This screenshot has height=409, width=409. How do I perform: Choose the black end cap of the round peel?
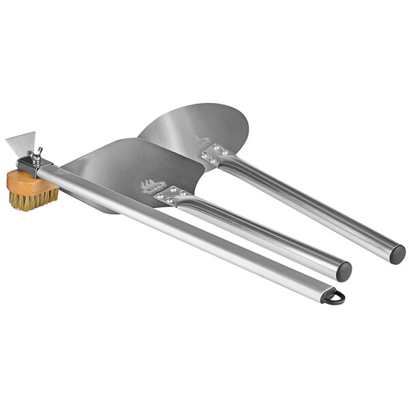click(398, 254)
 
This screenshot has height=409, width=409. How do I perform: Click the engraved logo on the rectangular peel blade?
click(153, 186)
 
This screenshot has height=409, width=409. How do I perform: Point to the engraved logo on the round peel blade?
click(203, 142)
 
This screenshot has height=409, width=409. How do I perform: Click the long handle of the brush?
click(191, 239)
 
